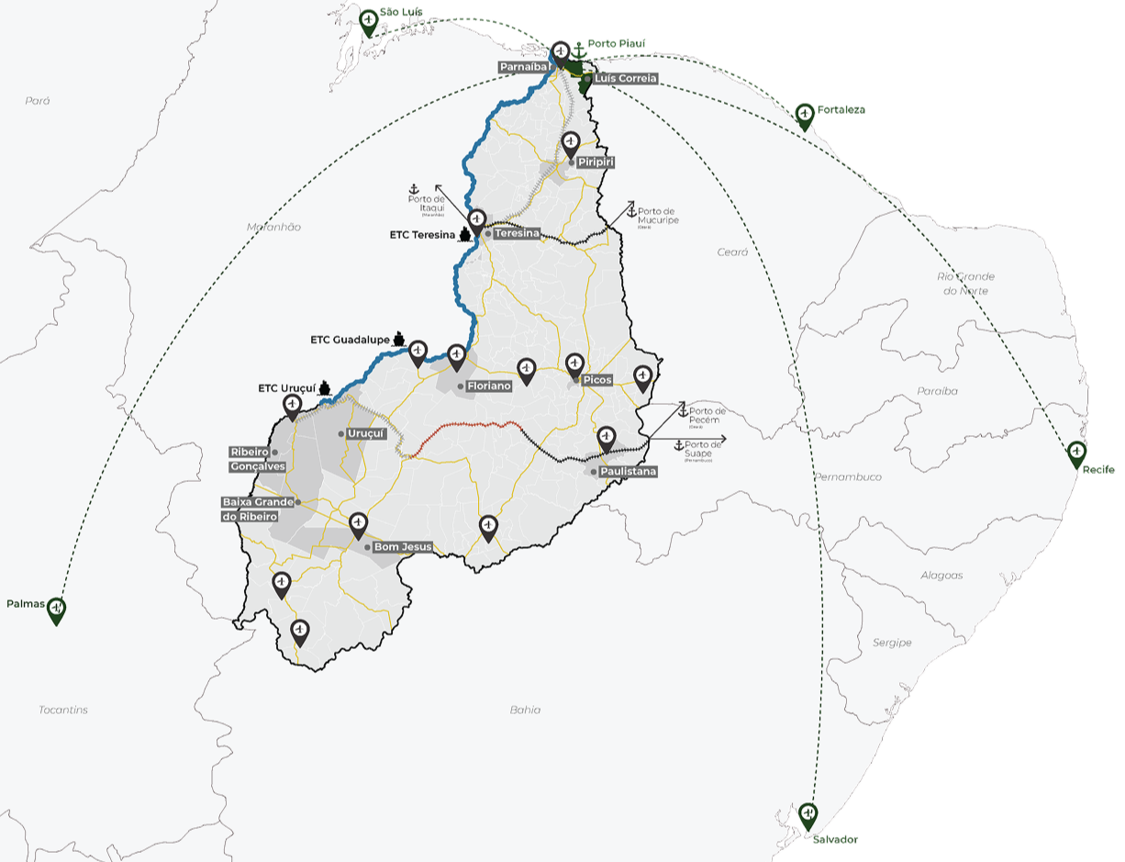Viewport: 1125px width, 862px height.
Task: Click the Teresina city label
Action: pos(517,233)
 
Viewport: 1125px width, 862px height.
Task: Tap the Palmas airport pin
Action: pos(56,610)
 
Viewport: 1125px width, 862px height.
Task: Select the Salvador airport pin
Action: pos(808,815)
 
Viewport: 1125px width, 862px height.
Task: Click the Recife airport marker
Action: pos(1076,453)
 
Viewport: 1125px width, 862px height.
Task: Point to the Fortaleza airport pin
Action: pos(805,115)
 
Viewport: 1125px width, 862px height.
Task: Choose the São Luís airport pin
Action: pos(369,20)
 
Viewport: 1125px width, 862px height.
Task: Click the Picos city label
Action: pos(596,380)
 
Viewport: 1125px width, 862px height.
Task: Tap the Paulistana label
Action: pos(629,471)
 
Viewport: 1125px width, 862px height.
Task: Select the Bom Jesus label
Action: pos(403,547)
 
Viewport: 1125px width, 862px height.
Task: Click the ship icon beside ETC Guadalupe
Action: pos(399,339)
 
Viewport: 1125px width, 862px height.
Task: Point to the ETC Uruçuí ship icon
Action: pos(324,388)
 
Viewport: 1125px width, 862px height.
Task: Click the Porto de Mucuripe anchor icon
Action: pos(631,211)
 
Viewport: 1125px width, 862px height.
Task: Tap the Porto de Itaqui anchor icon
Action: pos(414,188)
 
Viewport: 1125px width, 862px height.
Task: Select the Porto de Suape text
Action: pos(704,448)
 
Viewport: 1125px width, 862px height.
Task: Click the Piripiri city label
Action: pos(596,162)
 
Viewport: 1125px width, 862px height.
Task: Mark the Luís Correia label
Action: pos(625,79)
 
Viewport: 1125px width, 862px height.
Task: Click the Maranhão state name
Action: pos(273,227)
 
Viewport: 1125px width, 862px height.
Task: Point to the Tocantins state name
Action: pos(63,710)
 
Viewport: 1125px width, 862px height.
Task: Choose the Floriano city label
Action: pos(488,386)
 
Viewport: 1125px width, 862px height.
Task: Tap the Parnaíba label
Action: pos(524,67)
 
